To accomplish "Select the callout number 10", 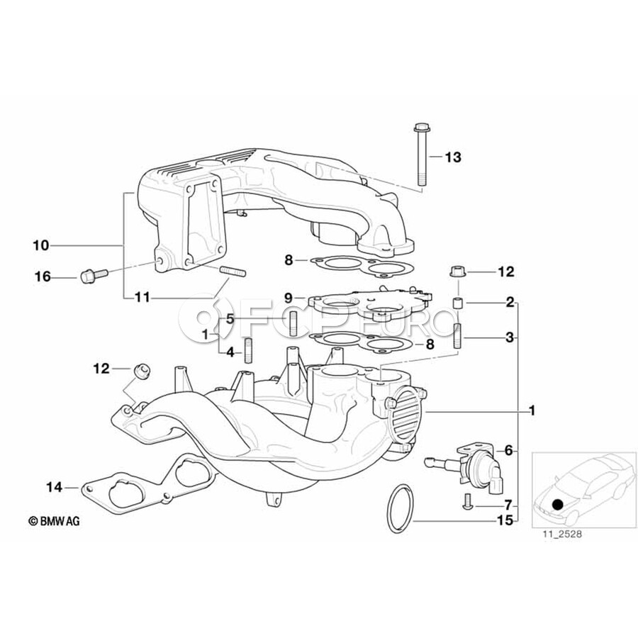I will (40, 246).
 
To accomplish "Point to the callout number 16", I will (43, 276).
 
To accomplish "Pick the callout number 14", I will (55, 487).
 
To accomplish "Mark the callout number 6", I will (507, 450).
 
